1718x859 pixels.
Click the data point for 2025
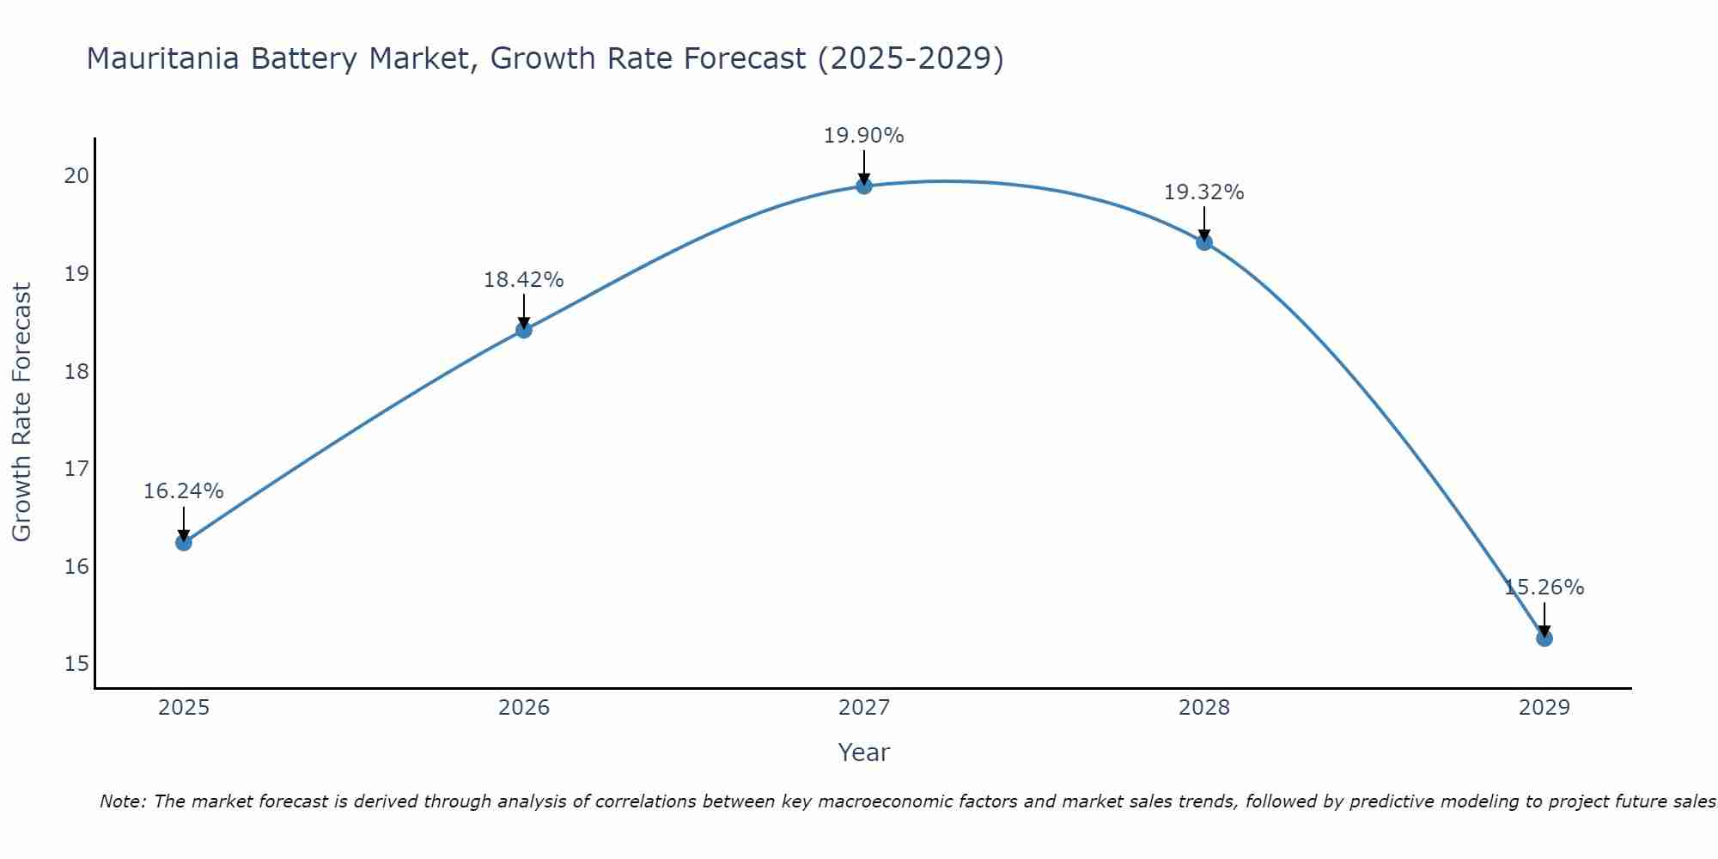point(183,542)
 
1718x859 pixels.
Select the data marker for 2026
point(523,330)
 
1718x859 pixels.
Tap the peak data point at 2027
point(863,186)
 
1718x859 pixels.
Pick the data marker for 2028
point(1203,242)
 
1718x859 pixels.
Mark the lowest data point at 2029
point(1544,638)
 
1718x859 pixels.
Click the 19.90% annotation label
point(863,136)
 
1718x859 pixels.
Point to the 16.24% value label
point(183,491)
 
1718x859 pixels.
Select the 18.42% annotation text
point(523,280)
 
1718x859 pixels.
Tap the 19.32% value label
point(1203,192)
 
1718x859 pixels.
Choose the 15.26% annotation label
point(1544,588)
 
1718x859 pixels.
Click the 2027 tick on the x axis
point(863,708)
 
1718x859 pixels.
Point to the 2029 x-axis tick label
point(1544,708)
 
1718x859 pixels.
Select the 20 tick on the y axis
point(76,176)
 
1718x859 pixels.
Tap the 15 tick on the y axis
point(76,664)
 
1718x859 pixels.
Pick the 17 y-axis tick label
point(76,469)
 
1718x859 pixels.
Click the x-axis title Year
point(863,752)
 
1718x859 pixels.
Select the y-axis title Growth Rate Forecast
point(22,412)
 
